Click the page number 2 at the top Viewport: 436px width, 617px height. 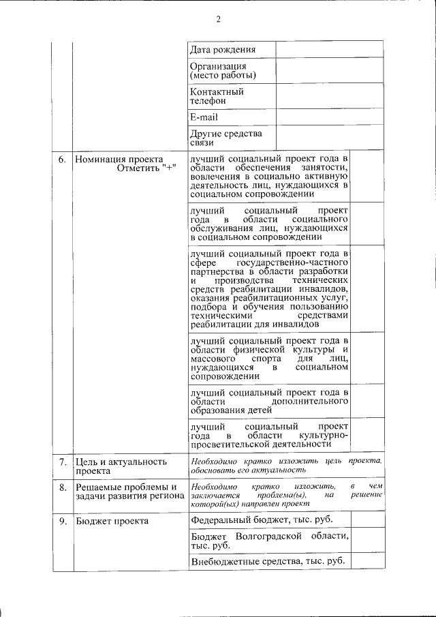click(x=219, y=19)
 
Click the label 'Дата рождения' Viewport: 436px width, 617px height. click(x=223, y=49)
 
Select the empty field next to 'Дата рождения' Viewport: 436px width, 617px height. click(x=330, y=49)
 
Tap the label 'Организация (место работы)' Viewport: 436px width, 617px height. click(x=223, y=70)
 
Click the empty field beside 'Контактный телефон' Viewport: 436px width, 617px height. click(x=330, y=95)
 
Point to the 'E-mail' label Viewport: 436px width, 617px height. click(x=204, y=117)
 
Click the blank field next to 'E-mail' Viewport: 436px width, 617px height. click(x=330, y=117)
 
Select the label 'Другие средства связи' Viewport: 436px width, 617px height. click(x=226, y=138)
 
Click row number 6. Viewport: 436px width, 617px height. click(x=62, y=159)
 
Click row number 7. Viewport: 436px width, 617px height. click(x=62, y=462)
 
